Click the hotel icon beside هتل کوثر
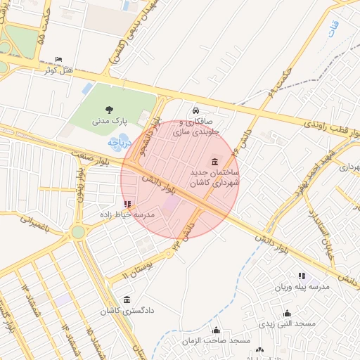(x=58, y=59)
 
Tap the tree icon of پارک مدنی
(x=109, y=109)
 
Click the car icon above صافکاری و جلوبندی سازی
(x=196, y=110)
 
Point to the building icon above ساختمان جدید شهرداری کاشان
(x=214, y=162)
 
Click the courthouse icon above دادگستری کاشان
(x=127, y=300)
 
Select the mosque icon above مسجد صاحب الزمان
(x=216, y=330)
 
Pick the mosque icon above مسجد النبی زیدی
(x=287, y=314)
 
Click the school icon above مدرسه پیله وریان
(x=302, y=276)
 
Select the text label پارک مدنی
(x=110, y=121)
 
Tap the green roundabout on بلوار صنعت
(x=77, y=231)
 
